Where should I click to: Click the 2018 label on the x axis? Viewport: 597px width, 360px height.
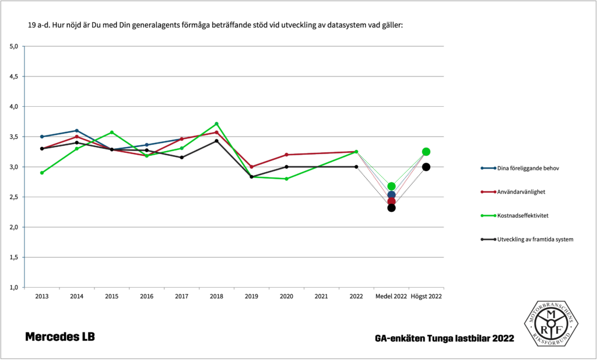coord(216,296)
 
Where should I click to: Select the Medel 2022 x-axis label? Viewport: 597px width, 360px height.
coord(391,296)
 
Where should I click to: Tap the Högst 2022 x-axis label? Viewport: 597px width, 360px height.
coord(426,296)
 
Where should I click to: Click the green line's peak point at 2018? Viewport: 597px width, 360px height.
coord(216,124)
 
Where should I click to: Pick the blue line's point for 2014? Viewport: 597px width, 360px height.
coord(76,131)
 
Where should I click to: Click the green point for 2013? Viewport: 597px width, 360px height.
coord(42,173)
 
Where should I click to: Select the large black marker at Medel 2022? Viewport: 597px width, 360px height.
coord(391,208)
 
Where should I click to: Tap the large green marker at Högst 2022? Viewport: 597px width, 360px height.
coord(426,152)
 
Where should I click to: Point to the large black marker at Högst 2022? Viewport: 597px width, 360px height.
coord(426,167)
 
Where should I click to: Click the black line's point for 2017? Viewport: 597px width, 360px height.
coord(181,158)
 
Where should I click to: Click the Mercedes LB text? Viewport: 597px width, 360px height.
coord(59,337)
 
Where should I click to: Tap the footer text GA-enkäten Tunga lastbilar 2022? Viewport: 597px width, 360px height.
coord(445,338)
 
